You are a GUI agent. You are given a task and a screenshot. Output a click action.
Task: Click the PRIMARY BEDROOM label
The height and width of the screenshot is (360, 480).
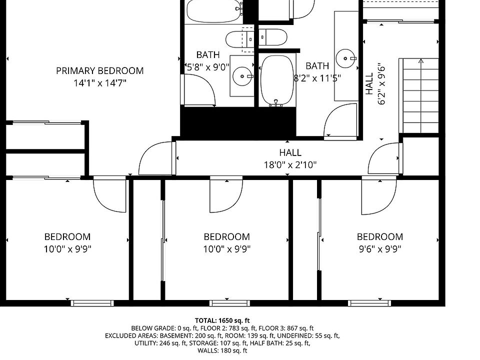[100, 70]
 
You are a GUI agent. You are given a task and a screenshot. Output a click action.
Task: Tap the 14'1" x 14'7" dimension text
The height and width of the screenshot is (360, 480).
[100, 83]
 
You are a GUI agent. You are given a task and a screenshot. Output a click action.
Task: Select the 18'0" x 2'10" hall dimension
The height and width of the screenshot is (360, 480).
[290, 165]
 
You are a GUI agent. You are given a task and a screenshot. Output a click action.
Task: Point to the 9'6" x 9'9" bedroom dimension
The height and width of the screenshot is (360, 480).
[380, 249]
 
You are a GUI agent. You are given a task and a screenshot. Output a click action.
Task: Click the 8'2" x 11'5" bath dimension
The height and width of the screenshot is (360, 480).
[317, 78]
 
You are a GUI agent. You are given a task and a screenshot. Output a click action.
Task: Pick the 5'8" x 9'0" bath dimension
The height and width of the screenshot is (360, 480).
[208, 67]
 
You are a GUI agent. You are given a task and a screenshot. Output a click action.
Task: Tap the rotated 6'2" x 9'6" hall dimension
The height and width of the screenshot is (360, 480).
[381, 84]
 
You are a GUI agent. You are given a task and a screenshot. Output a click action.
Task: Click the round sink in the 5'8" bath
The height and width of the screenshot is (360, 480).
[242, 76]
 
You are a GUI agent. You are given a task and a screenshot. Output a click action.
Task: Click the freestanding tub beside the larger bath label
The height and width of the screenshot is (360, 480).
[277, 81]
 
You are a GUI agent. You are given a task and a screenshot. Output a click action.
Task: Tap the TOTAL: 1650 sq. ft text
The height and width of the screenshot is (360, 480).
[222, 320]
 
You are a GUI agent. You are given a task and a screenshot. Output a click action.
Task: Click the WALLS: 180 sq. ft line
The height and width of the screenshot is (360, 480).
[222, 350]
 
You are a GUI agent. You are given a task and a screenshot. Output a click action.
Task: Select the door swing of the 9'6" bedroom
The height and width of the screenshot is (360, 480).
[379, 196]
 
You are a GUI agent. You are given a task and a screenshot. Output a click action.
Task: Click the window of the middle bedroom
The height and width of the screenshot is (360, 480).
[229, 303]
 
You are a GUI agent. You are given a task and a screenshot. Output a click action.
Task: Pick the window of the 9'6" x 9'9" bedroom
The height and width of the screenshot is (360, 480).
[369, 303]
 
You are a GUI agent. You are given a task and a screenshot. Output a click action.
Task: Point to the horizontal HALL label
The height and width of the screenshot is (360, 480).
[290, 152]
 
